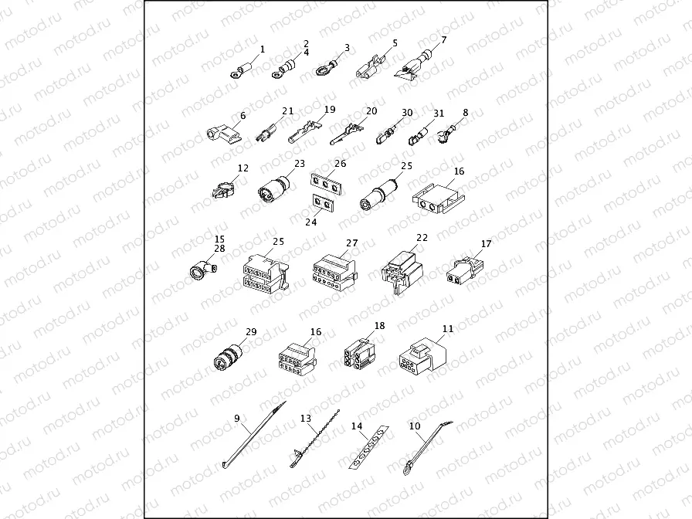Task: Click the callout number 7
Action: pyautogui.click(x=444, y=39)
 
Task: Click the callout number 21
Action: pyautogui.click(x=288, y=111)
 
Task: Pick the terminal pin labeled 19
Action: pyautogui.click(x=303, y=134)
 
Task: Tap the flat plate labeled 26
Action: pyautogui.click(x=327, y=186)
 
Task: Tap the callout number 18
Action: pyautogui.click(x=379, y=326)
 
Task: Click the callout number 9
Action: pyautogui.click(x=237, y=419)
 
